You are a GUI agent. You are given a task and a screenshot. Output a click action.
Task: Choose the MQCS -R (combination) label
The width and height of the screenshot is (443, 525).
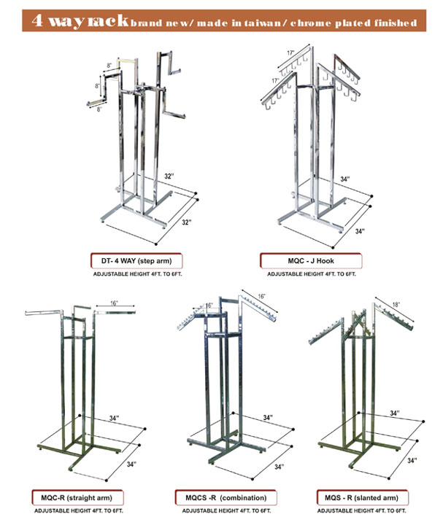pos(220,498)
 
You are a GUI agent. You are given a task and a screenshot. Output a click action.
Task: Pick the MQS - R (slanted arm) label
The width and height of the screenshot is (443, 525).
pos(361,498)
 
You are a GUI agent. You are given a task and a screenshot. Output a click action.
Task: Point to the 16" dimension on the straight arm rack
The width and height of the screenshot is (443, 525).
pos(114,301)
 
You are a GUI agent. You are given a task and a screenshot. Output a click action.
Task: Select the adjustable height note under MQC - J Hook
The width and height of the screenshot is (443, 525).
pos(311,273)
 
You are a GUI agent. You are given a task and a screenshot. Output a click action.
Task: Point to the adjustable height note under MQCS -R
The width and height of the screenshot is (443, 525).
pos(220,512)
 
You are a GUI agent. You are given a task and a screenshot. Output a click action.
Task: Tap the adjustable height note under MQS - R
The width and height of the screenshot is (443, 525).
pos(361,512)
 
